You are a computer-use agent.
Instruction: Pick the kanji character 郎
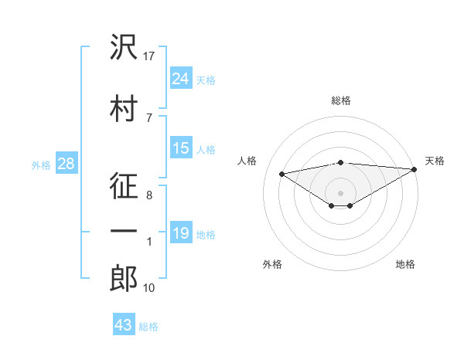point(124,279)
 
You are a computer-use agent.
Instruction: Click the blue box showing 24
point(181,78)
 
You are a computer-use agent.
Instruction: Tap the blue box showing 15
point(181,148)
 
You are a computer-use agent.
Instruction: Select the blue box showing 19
point(181,233)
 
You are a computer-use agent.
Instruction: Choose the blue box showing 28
point(66,164)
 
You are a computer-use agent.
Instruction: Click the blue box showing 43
point(124,325)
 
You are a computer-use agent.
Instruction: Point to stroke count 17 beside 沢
point(150,56)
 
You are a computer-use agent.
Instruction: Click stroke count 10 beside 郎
point(150,288)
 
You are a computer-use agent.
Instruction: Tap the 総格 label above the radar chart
point(341,100)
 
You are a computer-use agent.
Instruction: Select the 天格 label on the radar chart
point(435,161)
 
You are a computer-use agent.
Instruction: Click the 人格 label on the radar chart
point(247,161)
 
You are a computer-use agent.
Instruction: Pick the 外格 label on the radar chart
point(272,265)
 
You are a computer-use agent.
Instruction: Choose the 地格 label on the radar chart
point(405,265)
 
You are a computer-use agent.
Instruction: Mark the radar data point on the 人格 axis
point(281,173)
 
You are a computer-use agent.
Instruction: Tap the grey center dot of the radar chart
point(340,192)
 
